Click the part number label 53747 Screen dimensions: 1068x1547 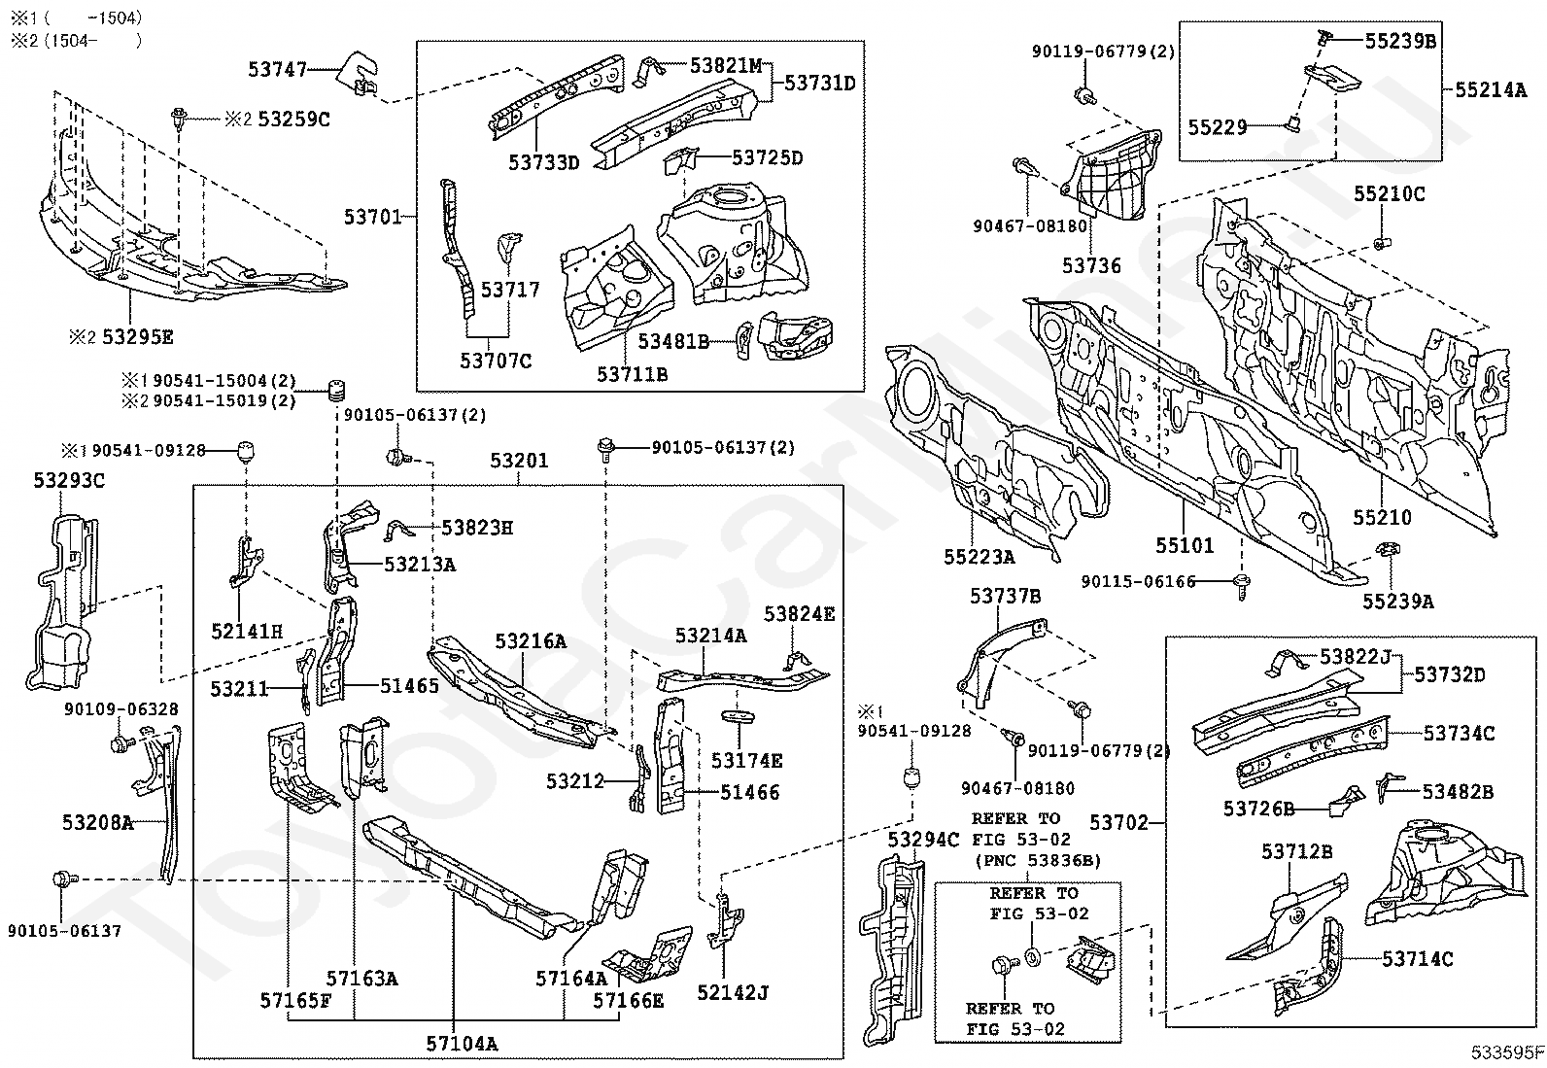click(277, 69)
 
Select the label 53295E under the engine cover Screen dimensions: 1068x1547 click(137, 337)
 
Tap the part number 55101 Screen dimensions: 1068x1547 click(1185, 545)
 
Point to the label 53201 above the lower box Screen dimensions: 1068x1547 click(518, 461)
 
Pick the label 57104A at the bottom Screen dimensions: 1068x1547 click(462, 1044)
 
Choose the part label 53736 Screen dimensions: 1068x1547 click(1091, 265)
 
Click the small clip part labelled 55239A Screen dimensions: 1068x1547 click(1387, 553)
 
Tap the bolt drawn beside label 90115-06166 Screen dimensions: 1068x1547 click(1242, 583)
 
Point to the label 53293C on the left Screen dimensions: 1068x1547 click(69, 480)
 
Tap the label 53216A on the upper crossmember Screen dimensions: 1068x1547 click(530, 641)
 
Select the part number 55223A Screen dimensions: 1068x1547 click(979, 557)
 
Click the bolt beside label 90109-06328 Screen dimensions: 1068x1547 click(121, 745)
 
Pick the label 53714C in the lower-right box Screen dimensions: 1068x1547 click(1418, 959)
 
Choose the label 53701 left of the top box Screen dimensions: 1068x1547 click(372, 216)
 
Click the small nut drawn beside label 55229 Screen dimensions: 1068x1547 click(1293, 123)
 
